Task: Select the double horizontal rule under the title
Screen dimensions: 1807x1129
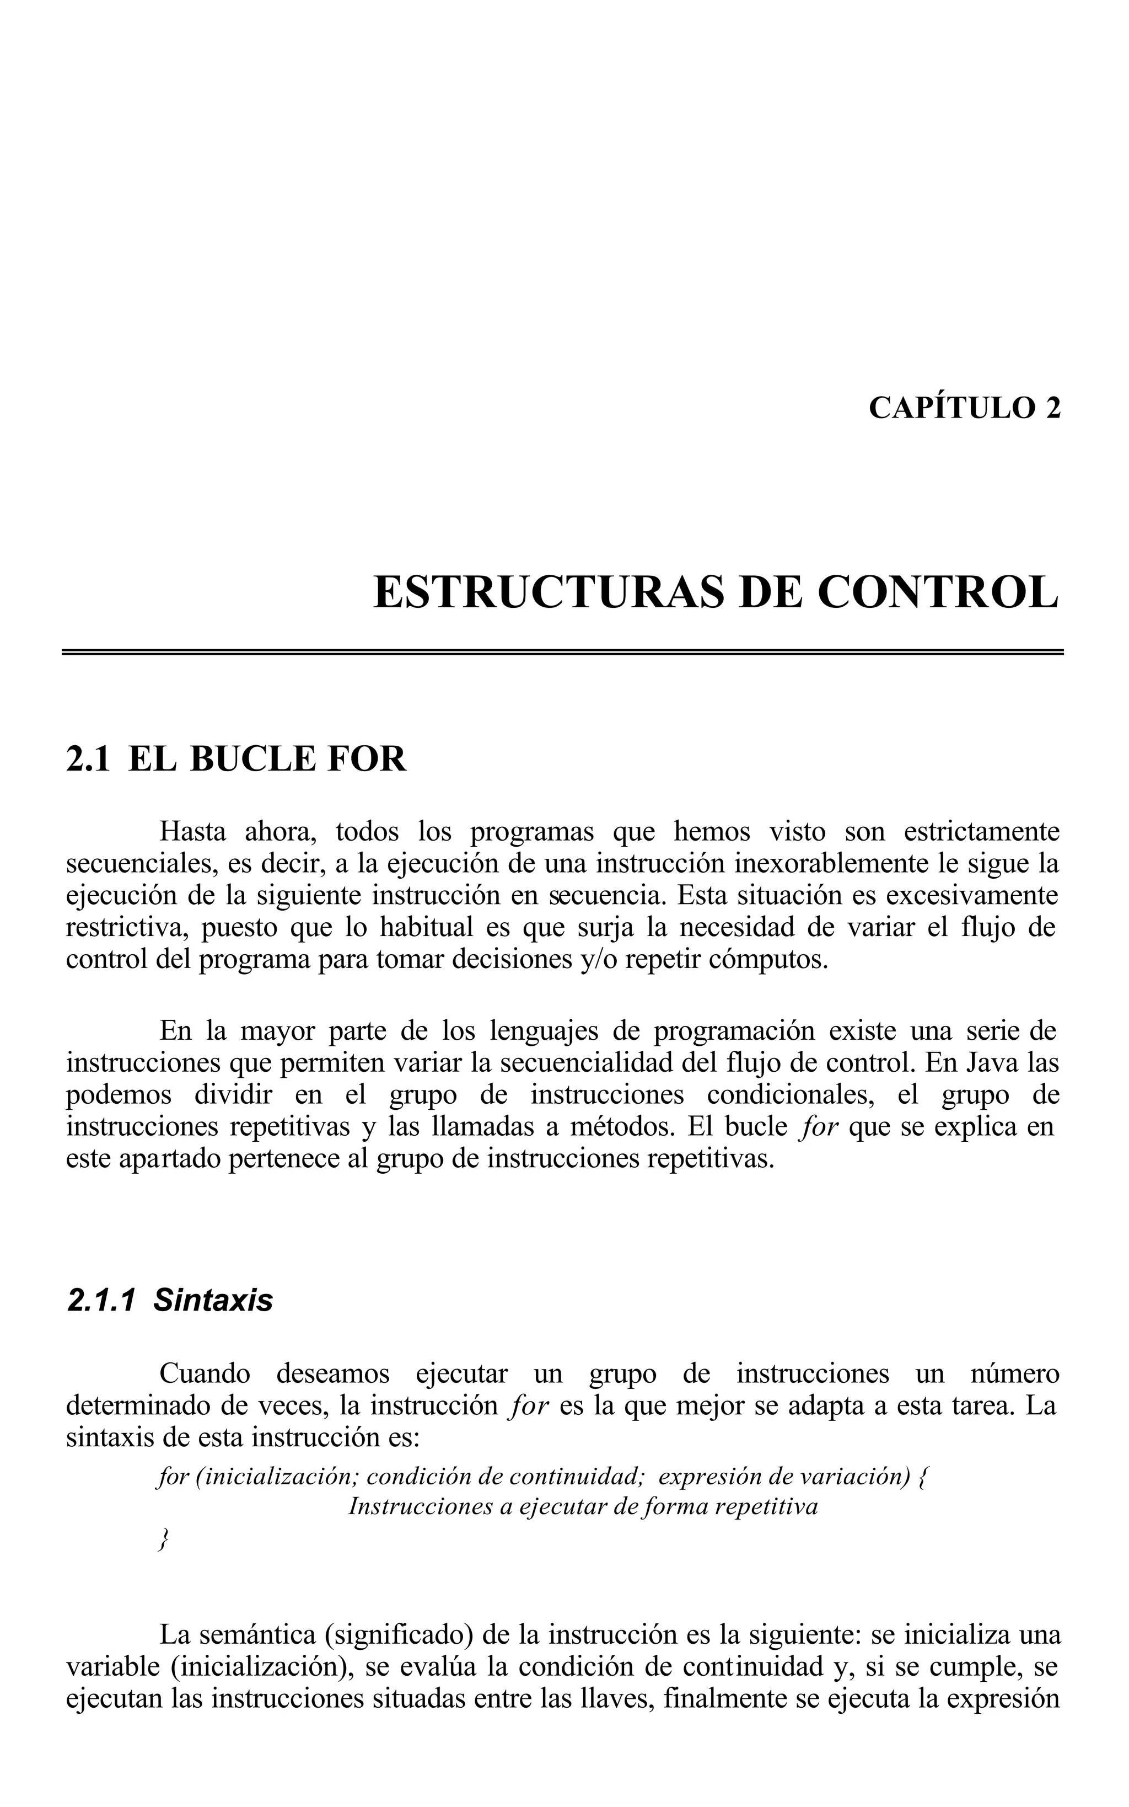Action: point(562,652)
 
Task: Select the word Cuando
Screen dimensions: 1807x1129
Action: point(205,1374)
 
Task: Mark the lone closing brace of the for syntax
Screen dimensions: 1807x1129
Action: point(162,1539)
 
